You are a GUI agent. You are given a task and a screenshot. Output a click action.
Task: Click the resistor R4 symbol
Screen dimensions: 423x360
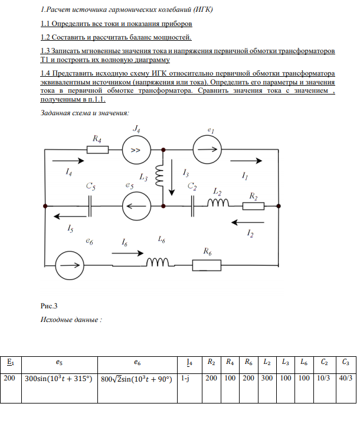point(97,149)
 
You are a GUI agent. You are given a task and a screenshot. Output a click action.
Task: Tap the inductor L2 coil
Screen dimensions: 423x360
point(218,204)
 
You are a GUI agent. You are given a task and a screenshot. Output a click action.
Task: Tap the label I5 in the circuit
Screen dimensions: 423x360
point(71,227)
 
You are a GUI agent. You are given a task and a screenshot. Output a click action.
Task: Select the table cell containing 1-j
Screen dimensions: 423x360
point(185,378)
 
